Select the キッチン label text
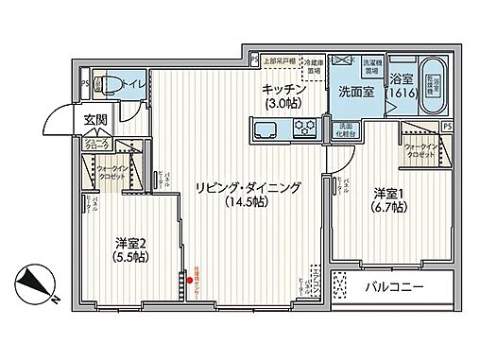coord(283,88)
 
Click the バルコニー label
coord(395,286)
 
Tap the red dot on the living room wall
coord(187,279)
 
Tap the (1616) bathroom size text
coord(400,94)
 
